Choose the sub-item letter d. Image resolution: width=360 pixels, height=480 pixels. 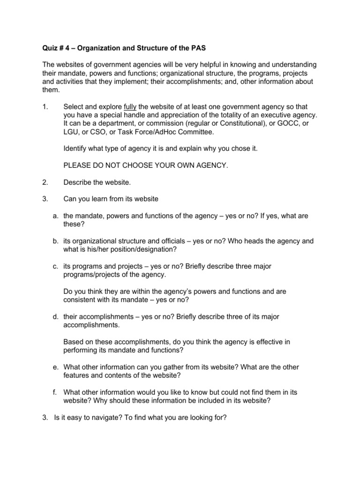pyautogui.click(x=54, y=316)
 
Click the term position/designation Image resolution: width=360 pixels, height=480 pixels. pyautogui.click(x=146, y=249)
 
